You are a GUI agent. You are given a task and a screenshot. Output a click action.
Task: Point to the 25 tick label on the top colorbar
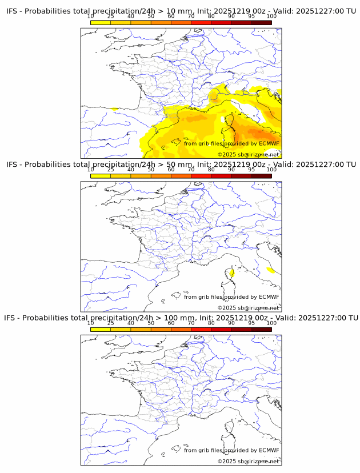tap(111, 16)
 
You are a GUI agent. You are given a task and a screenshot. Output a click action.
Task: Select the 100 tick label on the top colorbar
tap(271, 16)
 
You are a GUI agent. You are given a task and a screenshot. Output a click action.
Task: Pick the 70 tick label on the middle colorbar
tap(191, 170)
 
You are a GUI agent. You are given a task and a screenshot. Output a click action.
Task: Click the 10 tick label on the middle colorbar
tap(91, 170)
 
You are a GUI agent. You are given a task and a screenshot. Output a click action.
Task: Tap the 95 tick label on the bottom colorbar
tap(251, 323)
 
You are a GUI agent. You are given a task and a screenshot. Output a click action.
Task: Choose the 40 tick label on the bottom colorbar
tap(131, 323)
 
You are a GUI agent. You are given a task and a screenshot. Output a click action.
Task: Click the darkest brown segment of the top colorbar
tap(261, 22)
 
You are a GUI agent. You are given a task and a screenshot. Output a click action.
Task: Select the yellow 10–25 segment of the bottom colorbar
tap(101, 329)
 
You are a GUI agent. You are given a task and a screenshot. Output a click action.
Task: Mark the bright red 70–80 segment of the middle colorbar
tap(201, 176)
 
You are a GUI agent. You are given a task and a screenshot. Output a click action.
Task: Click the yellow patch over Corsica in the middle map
tap(233, 273)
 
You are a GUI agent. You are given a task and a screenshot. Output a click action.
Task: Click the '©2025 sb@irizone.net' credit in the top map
tap(248, 154)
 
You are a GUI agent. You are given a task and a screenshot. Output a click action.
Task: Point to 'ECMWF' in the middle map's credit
tap(269, 296)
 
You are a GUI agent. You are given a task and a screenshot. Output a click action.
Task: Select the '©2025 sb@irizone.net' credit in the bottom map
tap(248, 461)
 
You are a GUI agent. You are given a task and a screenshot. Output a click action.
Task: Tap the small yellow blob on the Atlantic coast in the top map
tap(115, 109)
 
